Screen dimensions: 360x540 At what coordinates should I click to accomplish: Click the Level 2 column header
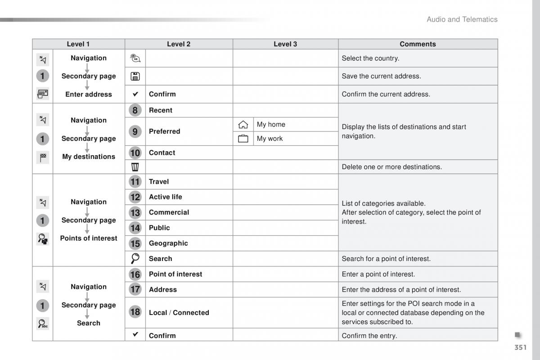[x=179, y=44]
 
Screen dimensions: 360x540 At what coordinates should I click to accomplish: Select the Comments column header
[x=418, y=44]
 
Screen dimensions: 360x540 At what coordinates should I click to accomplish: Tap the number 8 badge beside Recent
[x=135, y=110]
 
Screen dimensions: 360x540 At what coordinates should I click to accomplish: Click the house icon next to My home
[x=243, y=125]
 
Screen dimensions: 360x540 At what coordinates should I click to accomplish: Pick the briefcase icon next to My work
[x=243, y=139]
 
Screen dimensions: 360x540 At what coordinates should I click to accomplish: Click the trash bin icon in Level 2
[x=135, y=167]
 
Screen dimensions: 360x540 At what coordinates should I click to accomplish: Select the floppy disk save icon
[x=135, y=76]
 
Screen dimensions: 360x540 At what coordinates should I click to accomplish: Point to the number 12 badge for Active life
[x=135, y=197]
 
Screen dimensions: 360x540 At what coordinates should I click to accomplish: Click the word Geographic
[x=168, y=243]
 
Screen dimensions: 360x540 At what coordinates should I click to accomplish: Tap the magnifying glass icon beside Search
[x=135, y=259]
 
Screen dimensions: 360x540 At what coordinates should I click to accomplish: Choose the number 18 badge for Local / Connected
[x=135, y=312]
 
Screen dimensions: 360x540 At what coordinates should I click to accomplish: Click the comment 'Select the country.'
[x=370, y=58]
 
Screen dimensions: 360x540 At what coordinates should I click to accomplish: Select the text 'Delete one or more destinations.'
[x=391, y=167]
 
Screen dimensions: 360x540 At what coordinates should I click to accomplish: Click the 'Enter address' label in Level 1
[x=89, y=94]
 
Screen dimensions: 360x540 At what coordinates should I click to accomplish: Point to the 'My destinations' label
[x=89, y=157]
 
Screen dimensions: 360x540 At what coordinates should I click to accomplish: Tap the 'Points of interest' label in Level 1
[x=89, y=238]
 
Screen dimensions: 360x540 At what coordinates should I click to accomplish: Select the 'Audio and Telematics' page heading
[x=462, y=19]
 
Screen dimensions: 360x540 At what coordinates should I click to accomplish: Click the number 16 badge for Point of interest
[x=135, y=274]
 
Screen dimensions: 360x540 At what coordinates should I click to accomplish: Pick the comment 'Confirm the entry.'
[x=369, y=336]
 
